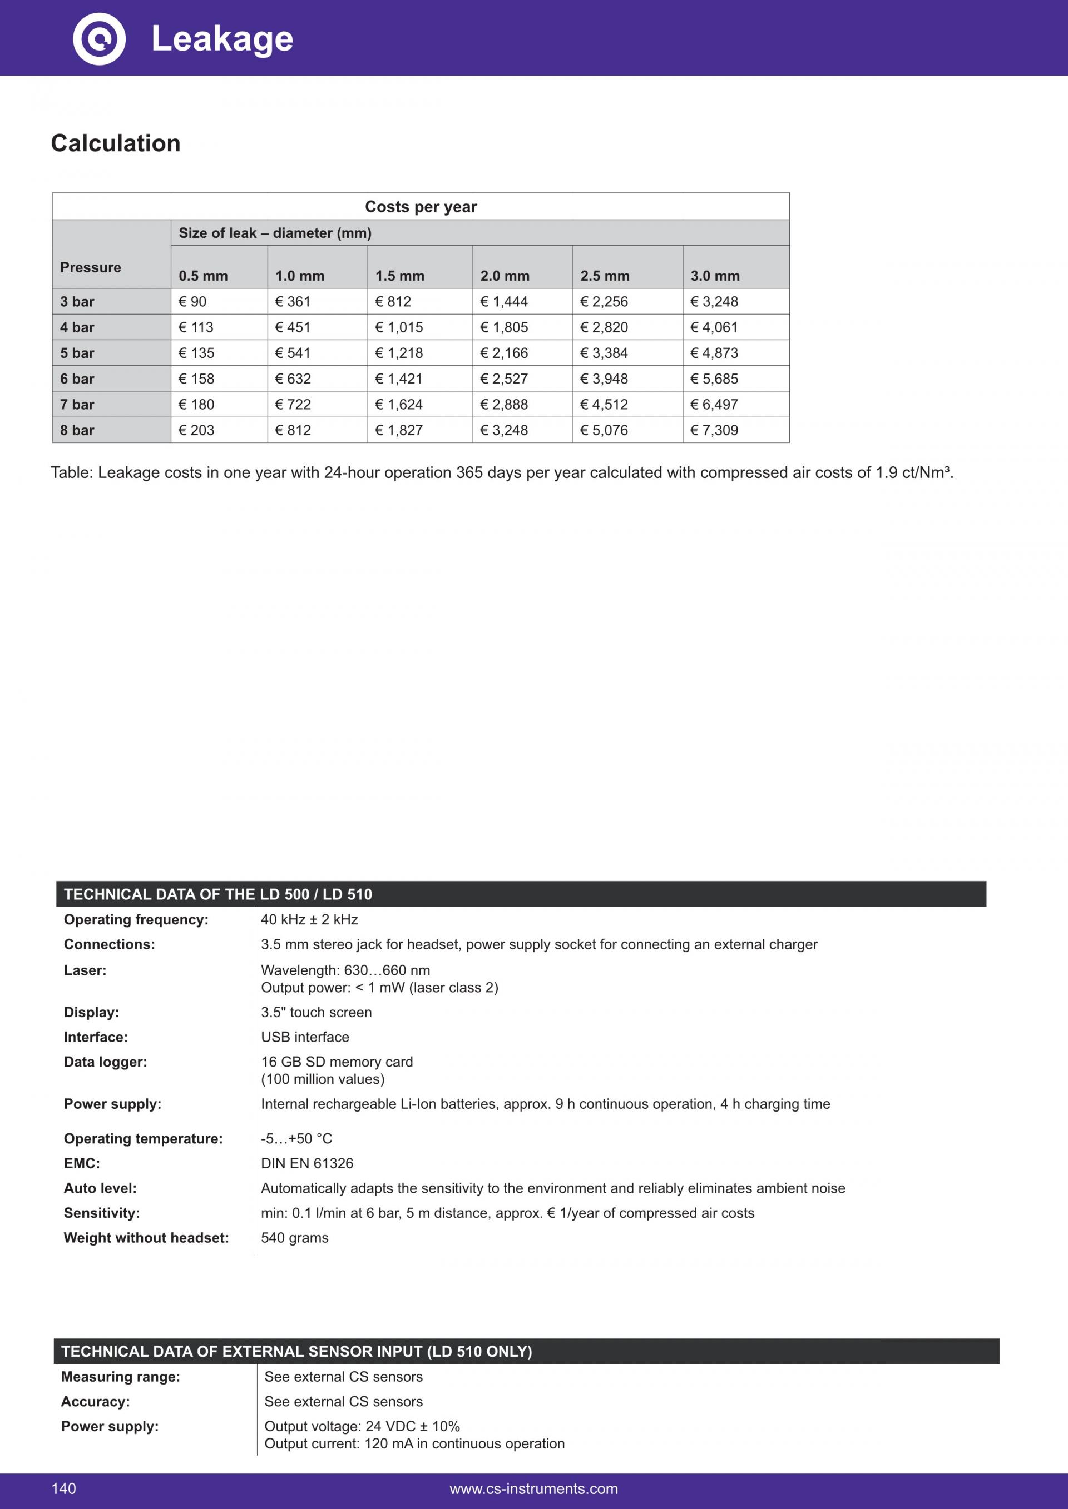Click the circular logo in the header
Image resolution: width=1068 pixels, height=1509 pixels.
[98, 38]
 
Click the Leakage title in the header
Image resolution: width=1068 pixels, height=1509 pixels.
[222, 39]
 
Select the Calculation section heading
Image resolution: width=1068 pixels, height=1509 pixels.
[116, 143]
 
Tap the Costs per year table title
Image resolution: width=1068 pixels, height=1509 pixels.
[421, 207]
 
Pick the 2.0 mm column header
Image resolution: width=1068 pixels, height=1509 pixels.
[505, 276]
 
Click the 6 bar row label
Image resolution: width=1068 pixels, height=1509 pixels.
[78, 379]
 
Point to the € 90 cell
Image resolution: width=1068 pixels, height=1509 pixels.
[192, 302]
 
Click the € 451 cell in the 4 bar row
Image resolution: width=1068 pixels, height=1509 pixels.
[293, 327]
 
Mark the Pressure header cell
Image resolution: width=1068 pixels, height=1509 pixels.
[91, 267]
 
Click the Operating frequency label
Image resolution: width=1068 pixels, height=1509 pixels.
[136, 919]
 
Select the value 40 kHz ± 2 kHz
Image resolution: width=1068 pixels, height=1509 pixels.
[309, 919]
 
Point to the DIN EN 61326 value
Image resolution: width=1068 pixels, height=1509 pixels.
[307, 1163]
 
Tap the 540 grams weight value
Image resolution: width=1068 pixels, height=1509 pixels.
[295, 1238]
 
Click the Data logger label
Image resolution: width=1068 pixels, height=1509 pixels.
[105, 1062]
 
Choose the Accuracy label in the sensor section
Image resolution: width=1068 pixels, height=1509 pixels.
[95, 1401]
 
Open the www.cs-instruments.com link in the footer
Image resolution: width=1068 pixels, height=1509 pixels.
[533, 1490]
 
